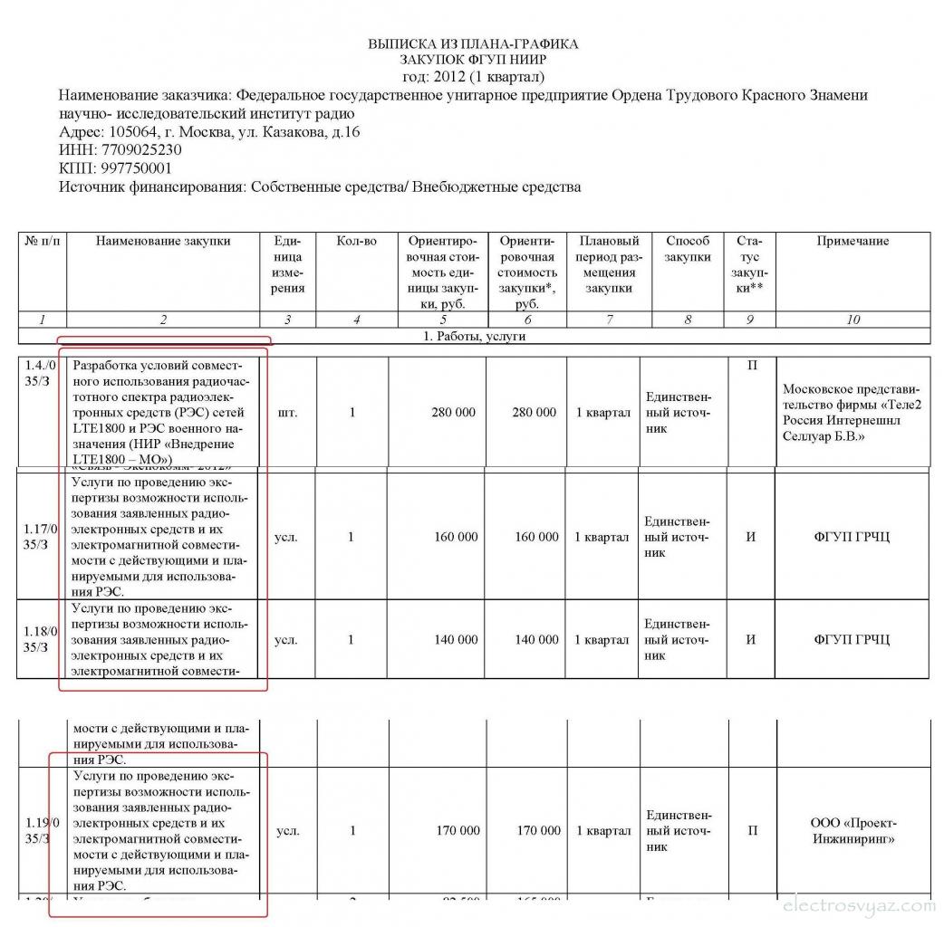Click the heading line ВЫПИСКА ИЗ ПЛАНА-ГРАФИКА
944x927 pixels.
pos(473,44)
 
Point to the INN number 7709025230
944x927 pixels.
pos(145,150)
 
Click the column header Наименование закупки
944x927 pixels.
pos(163,241)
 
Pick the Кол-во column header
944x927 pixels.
pos(356,241)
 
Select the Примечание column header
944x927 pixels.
pos(852,241)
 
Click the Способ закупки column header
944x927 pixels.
pos(688,249)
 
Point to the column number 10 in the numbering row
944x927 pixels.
pos(852,320)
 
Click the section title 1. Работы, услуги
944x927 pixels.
pos(475,337)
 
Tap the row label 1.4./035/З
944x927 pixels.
pos(41,374)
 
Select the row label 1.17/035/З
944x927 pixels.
pos(41,537)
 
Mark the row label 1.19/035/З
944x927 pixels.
pos(41,831)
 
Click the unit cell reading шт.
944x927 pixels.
pos(285,413)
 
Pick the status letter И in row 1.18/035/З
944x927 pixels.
pos(750,640)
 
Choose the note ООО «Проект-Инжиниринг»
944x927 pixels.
pos(852,831)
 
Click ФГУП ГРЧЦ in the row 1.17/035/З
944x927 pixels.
pos(852,537)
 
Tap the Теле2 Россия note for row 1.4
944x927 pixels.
pos(852,413)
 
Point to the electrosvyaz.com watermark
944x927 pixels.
pos(857,904)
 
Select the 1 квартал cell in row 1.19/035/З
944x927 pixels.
pos(603,831)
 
